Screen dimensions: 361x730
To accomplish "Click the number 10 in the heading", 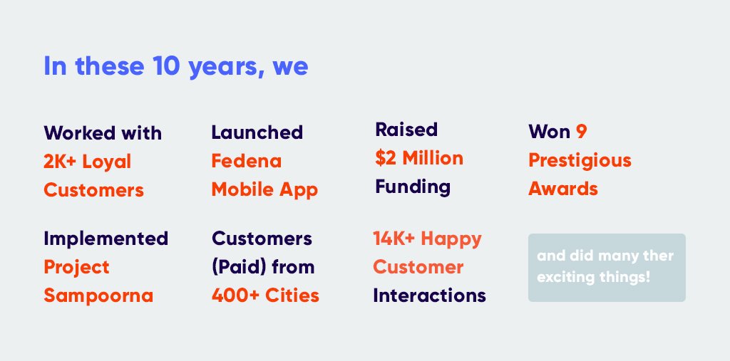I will coord(165,66).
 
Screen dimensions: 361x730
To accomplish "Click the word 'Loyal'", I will coord(107,162).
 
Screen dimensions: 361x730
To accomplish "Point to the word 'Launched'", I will coord(257,132).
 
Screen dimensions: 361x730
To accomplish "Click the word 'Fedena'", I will coord(246,161).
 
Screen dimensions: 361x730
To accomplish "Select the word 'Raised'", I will coord(406,129).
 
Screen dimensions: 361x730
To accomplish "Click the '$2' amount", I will coord(386,157).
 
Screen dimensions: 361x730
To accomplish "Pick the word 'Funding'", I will coord(413,187).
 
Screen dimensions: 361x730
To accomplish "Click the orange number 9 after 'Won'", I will coord(582,132).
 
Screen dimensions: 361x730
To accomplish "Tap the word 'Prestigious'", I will coord(580,160).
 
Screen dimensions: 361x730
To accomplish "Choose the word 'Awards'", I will coord(562,189).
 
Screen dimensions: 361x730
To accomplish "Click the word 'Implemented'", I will coord(106,238).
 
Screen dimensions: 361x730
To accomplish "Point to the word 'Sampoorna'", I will coord(98,295).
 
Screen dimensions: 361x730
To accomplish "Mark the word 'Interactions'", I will coord(429,295).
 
